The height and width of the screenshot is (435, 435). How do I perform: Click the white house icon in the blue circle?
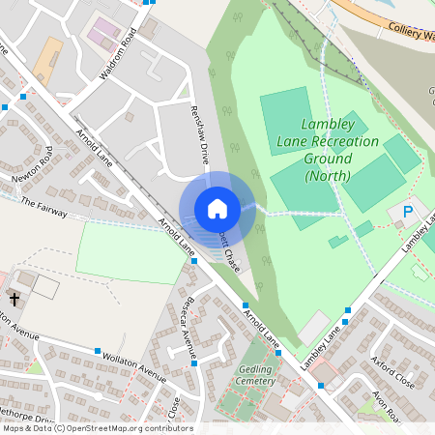217,208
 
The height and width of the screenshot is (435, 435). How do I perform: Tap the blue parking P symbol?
408,212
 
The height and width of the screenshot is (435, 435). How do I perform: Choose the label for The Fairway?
41,206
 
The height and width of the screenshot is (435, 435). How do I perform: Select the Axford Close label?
392,370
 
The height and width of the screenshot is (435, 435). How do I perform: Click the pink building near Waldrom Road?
101,31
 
